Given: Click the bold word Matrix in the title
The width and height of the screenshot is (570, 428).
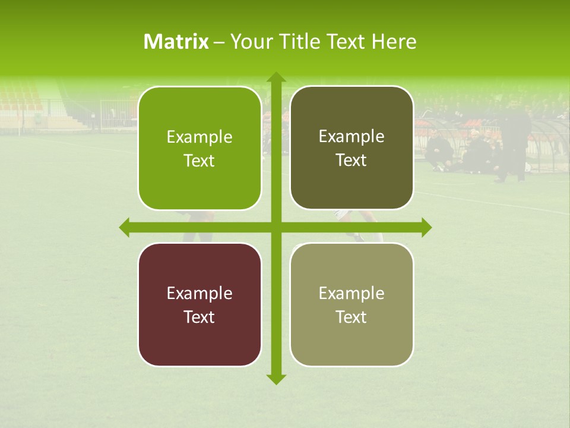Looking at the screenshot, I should coord(176,42).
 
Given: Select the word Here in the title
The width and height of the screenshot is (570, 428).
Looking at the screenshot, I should coord(394,42).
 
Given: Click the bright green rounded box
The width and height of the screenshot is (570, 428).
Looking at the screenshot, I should coord(199,149).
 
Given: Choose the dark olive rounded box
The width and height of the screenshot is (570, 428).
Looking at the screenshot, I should coord(351,148).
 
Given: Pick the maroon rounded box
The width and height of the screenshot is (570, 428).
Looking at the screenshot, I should coord(199,304).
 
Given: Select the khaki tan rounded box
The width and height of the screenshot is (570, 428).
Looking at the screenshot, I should coord(351,304).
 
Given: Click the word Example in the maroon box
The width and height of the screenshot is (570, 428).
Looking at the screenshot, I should coord(199,293).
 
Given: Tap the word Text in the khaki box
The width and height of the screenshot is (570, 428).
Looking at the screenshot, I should coord(351,317).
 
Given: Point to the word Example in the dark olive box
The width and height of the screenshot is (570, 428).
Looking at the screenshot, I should coord(351,136).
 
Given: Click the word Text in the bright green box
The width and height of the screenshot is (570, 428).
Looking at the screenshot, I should coord(199,160).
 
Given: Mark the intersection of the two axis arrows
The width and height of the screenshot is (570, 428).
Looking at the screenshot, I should coord(275,228).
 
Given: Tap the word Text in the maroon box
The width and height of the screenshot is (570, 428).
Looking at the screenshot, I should coord(199,317).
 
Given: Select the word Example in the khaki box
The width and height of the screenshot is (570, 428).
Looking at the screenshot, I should coord(351,293).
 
